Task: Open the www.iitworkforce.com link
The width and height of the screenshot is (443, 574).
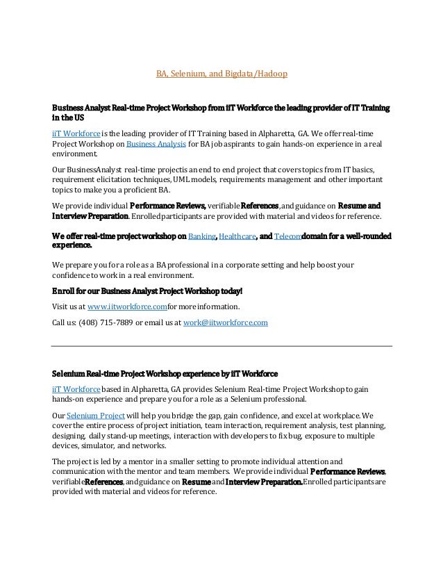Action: pyautogui.click(x=128, y=306)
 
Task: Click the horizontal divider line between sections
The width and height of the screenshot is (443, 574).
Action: pyautogui.click(x=222, y=345)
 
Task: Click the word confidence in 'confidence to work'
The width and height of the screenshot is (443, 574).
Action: pyautogui.click(x=74, y=274)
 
